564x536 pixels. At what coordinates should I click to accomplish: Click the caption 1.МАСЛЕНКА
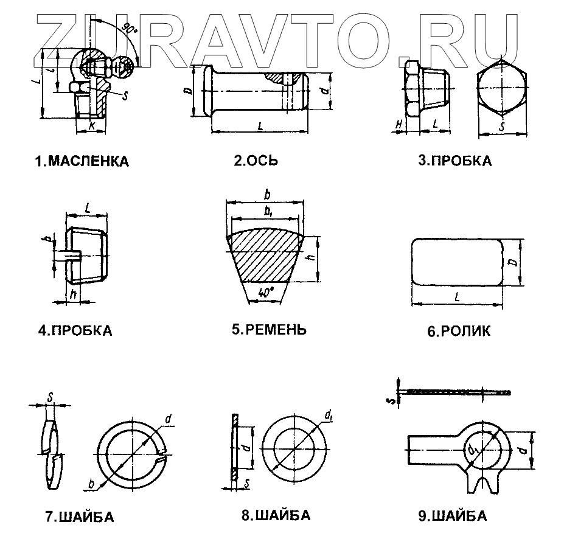(x=82, y=162)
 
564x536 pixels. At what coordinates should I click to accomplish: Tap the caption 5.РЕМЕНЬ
(x=268, y=330)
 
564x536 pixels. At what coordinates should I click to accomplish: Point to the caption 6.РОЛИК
(x=458, y=332)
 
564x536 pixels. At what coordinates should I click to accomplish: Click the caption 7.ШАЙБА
(x=79, y=518)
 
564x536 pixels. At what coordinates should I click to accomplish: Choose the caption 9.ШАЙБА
(x=452, y=517)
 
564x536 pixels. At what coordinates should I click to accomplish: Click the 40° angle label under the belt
(x=265, y=291)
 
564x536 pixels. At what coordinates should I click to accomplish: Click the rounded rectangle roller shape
(x=456, y=261)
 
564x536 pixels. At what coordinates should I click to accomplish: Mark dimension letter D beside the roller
(x=513, y=262)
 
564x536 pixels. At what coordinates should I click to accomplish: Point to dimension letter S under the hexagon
(x=503, y=127)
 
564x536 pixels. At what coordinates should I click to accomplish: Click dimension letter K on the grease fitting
(x=92, y=125)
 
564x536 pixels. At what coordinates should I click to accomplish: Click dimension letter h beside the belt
(x=310, y=258)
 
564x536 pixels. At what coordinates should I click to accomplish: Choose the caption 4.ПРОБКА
(x=75, y=331)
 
